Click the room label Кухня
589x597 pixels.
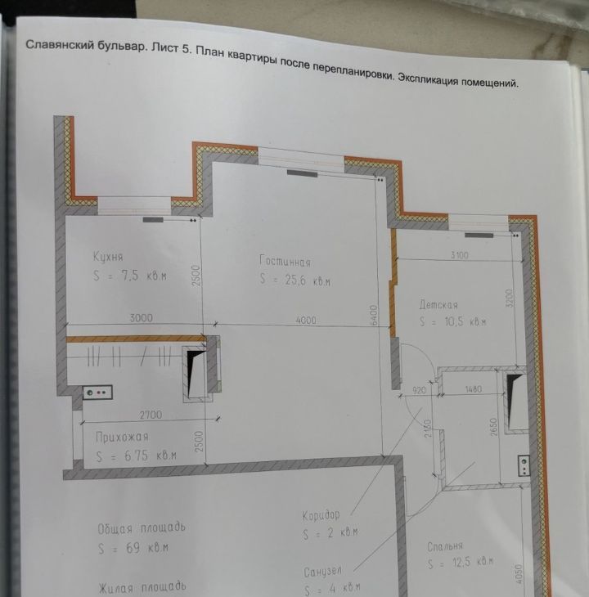click(108, 257)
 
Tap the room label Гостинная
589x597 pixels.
click(285, 261)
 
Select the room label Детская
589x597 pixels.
click(438, 304)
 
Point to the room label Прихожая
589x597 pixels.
click(122, 437)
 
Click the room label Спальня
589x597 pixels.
click(445, 547)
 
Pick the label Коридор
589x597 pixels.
click(321, 515)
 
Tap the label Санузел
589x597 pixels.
click(322, 572)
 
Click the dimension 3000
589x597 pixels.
click(141, 318)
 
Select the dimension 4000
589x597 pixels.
click(306, 321)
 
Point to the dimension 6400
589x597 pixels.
click(375, 315)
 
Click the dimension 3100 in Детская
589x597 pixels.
click(460, 254)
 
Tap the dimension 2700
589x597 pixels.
click(151, 415)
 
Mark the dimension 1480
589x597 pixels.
click(474, 389)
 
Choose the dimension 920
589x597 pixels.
click(419, 390)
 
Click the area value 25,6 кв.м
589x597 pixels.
click(308, 281)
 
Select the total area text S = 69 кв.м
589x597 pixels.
click(133, 548)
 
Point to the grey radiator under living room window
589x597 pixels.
click(302, 173)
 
